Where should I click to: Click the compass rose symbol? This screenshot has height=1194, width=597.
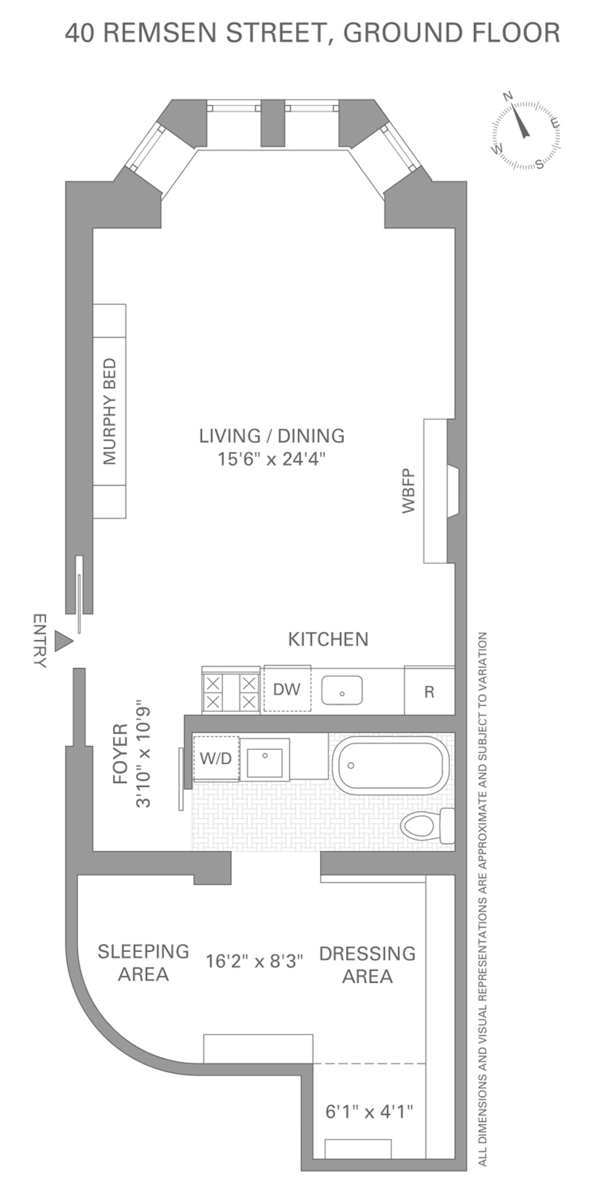pos(526,134)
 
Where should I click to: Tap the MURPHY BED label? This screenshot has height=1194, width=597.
pos(109,412)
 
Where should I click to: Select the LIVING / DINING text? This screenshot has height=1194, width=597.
pos(272,436)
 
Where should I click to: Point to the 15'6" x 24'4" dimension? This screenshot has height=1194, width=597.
pos(272,459)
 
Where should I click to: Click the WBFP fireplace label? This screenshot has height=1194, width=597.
pos(409,491)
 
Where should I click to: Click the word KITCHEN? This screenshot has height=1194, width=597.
pos(328,639)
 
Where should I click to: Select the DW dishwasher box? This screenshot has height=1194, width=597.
pos(287,689)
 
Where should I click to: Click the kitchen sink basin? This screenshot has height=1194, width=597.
pos(342,690)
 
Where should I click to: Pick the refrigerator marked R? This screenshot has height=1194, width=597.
pos(429,691)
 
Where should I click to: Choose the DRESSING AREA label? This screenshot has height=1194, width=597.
pos(368,965)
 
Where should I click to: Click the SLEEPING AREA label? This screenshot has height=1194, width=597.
pos(143,962)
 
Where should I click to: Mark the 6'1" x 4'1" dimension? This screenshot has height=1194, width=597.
pos(369,1111)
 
